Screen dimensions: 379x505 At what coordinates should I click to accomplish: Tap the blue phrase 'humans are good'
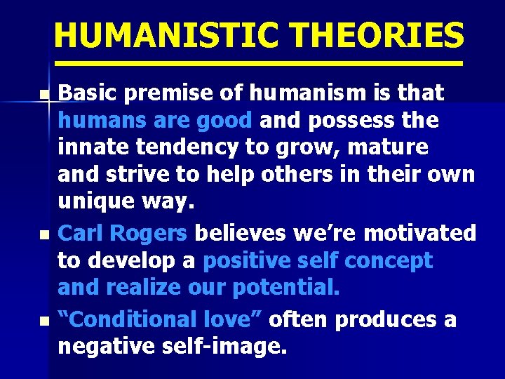point(155,121)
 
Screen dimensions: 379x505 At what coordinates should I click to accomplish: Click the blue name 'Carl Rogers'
point(122,232)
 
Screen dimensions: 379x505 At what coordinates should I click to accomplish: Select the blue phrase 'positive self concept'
point(318,260)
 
